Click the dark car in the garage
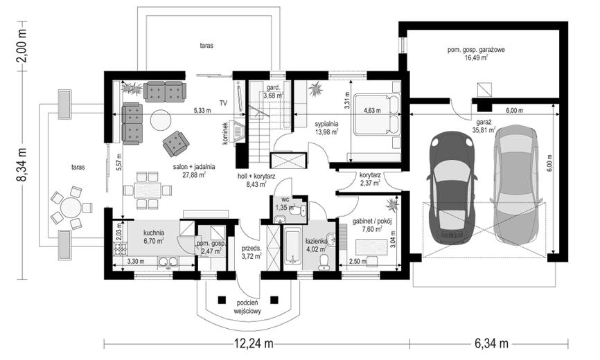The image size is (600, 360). (x=452, y=190)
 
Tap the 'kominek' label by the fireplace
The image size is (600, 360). (x=225, y=134)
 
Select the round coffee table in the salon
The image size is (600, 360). (x=161, y=120)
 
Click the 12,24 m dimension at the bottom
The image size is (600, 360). (x=254, y=343)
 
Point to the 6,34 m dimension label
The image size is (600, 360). (x=492, y=343)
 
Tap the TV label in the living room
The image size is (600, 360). (x=223, y=102)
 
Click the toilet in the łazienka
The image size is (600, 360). (x=324, y=263)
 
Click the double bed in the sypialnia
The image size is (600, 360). (x=376, y=115)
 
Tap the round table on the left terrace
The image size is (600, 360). (x=71, y=208)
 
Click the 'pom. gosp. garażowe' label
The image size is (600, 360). (x=476, y=50)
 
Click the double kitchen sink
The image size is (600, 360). (x=168, y=262)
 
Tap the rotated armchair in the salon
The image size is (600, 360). (x=176, y=143)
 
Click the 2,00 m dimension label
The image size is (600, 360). (x=23, y=46)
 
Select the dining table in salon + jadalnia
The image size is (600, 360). (x=148, y=190)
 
